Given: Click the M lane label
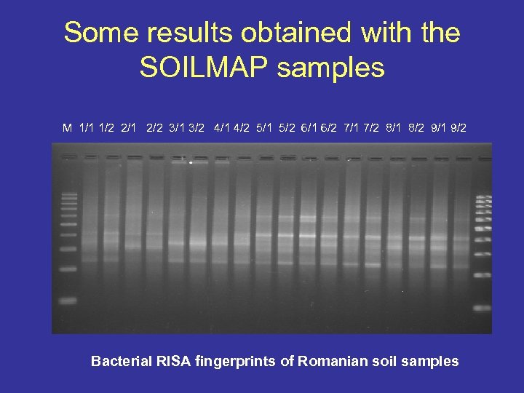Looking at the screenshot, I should coord(67,128).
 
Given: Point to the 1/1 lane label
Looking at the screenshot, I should coord(87,128).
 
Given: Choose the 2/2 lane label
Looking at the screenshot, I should coord(154,128).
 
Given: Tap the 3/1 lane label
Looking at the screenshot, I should coord(176,128).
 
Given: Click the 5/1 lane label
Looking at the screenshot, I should coord(264,128).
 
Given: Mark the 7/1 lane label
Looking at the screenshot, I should coord(352,128).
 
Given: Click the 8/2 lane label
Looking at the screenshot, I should coord(416,128).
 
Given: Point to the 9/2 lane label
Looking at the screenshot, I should coord(459,128).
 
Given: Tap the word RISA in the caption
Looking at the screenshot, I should coord(172,361).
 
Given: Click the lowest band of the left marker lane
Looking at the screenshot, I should coord(68,300).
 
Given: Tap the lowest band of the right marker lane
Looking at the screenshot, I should coord(482,307).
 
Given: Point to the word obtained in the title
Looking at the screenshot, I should coord(300,33).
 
